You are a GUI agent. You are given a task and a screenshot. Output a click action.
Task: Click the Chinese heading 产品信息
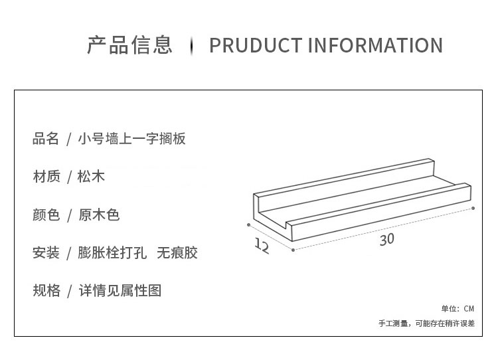(129, 45)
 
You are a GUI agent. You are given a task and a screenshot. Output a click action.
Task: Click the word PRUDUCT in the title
(256, 45)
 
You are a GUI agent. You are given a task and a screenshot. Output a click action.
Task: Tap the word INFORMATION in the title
(375, 45)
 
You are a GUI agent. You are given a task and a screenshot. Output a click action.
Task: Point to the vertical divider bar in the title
(191, 46)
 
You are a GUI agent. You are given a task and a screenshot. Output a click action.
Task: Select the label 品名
(46, 139)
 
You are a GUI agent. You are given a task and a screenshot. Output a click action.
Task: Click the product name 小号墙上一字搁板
(132, 139)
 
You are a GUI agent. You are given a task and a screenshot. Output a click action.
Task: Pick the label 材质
(46, 176)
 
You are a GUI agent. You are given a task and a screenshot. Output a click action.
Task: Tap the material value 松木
(91, 176)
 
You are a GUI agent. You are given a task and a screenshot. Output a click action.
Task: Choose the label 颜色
(46, 215)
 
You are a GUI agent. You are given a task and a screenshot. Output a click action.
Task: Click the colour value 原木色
(99, 215)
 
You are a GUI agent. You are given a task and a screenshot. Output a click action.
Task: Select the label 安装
(46, 253)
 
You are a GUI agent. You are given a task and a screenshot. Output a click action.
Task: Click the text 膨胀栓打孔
(112, 253)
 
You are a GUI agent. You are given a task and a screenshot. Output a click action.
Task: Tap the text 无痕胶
(177, 253)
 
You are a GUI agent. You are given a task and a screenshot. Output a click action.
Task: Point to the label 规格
(46, 290)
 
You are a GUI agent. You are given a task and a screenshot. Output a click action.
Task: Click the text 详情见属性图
(120, 290)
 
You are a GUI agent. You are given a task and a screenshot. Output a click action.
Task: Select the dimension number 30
(387, 240)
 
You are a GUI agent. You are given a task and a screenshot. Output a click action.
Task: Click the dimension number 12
(262, 246)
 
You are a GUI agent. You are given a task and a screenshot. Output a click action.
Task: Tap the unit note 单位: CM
(457, 309)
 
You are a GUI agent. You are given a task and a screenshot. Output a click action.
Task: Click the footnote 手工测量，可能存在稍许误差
(426, 323)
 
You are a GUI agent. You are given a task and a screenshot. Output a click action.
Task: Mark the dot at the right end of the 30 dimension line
(473, 208)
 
